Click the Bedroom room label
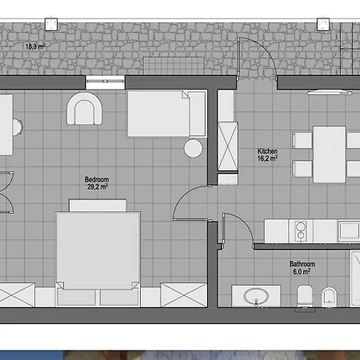[97, 179]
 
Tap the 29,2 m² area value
[98, 186]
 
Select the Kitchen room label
[267, 151]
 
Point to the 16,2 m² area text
[267, 158]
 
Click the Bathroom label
[302, 264]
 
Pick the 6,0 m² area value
[302, 272]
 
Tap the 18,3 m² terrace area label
[35, 46]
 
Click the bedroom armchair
[84, 109]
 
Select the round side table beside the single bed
[193, 148]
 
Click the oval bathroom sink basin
[256, 296]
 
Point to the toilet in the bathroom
[305, 296]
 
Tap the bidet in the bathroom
[330, 297]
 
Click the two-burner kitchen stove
[301, 231]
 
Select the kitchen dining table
[330, 154]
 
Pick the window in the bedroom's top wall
[106, 82]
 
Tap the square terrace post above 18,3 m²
[50, 25]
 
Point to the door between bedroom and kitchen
[190, 202]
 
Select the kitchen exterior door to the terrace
[257, 58]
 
